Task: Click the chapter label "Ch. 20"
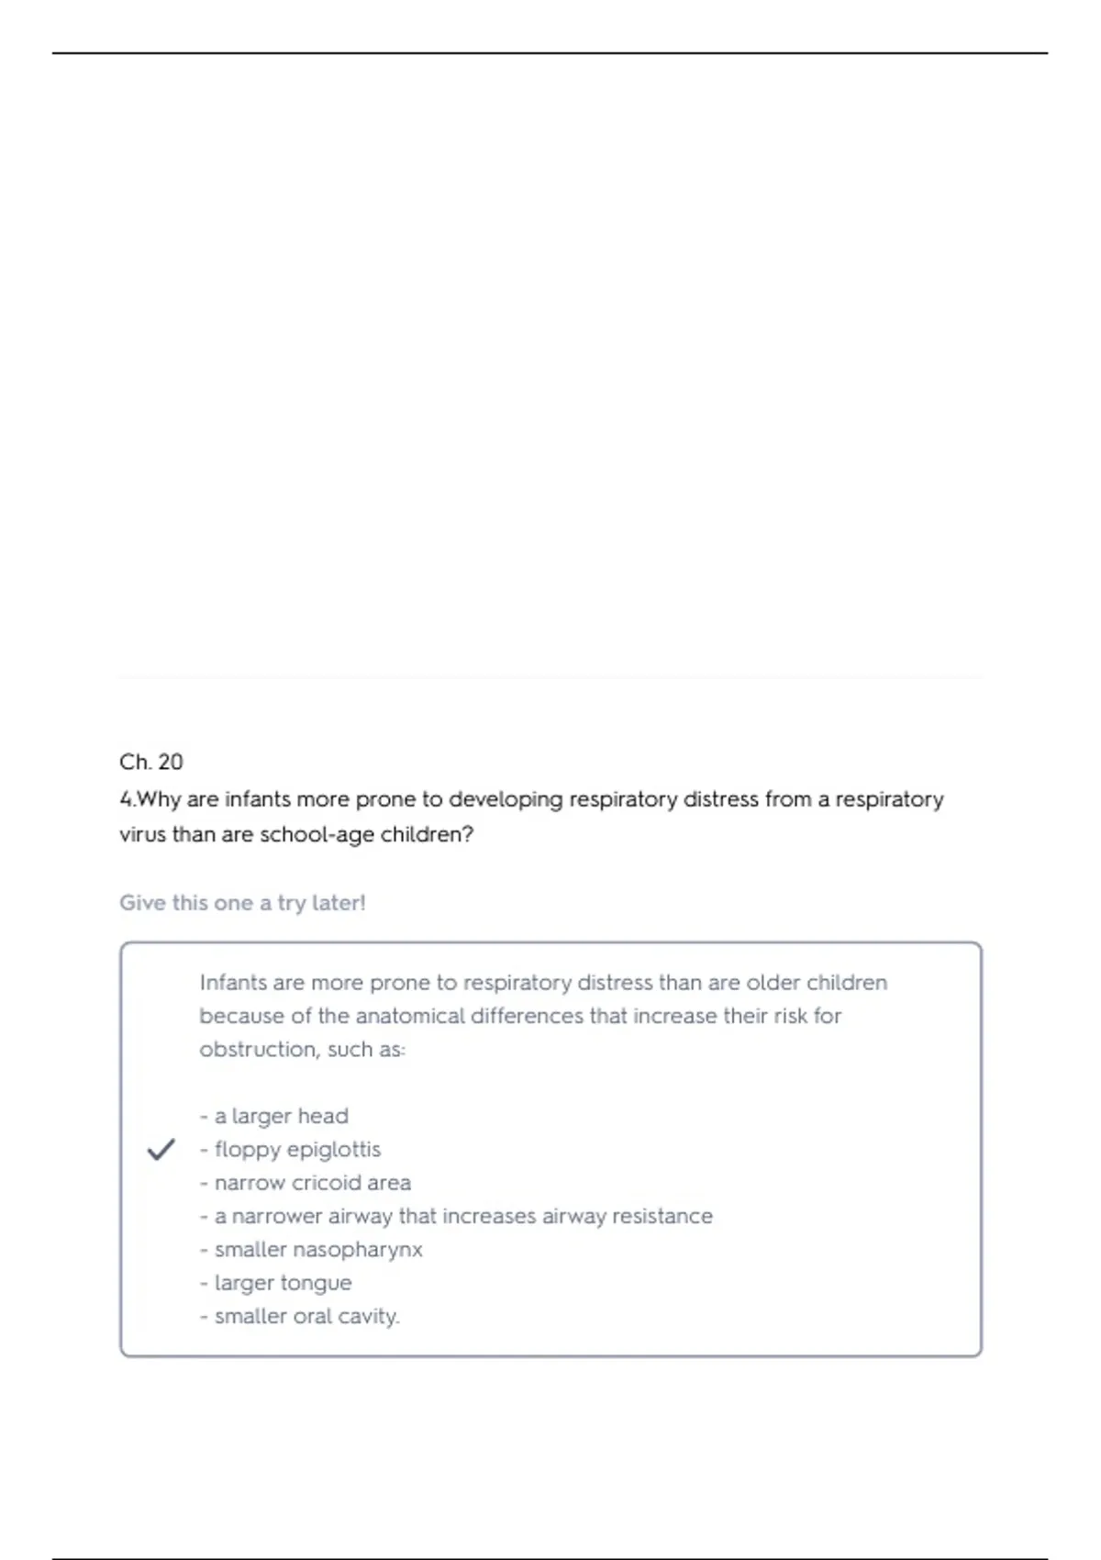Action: pos(151,762)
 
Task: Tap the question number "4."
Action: pos(127,799)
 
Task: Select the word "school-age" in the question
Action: pos(317,835)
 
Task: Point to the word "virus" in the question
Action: pos(143,835)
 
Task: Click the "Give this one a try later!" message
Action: pos(242,903)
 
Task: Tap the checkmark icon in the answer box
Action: pos(161,1149)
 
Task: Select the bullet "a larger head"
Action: pos(281,1116)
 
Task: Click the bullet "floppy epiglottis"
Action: pos(296,1149)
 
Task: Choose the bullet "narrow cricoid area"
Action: pos(312,1183)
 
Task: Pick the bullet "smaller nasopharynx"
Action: pos(317,1250)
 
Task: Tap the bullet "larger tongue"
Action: pos(283,1283)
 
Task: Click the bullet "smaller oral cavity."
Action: pos(306,1316)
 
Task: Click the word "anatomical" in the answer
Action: pos(410,1016)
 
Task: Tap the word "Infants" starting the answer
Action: pos(233,983)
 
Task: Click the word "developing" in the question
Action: pos(506,799)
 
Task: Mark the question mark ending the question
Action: pos(468,835)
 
